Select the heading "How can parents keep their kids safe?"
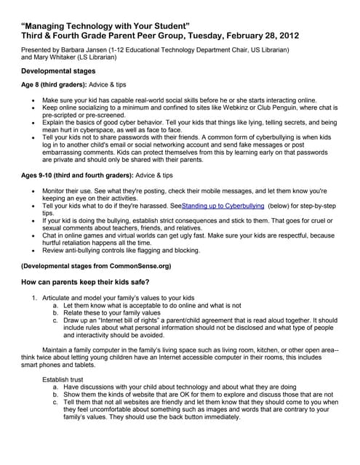[96, 282]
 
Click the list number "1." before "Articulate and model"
[34, 298]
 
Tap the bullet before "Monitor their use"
[29, 191]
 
